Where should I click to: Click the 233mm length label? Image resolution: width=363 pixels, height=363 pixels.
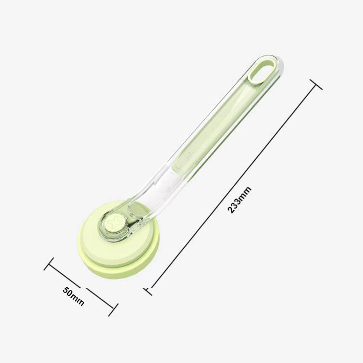pos(240,200)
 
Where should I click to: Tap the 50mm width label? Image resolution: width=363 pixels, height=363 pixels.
pos(74,296)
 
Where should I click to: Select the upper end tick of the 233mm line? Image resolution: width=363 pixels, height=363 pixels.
pos(316,84)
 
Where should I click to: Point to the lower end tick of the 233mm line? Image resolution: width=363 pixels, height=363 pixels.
pos(147,291)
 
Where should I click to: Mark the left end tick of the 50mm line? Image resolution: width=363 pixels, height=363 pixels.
pos(49,264)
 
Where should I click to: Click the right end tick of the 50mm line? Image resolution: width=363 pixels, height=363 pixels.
pos(113,310)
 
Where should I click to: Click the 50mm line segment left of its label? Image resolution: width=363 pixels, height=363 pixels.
pos(64,275)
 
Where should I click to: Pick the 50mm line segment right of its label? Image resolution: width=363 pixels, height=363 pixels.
pos(100,300)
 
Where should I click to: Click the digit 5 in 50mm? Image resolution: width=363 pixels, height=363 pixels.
pos(66,290)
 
